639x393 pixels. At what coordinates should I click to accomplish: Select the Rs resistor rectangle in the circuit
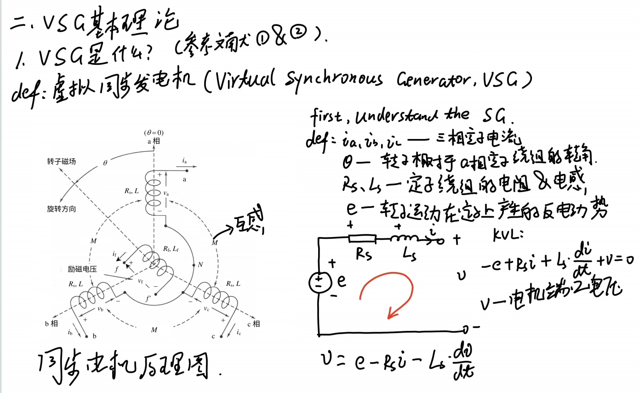pos(362,238)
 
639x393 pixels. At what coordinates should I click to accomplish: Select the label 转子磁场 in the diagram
pos(61,162)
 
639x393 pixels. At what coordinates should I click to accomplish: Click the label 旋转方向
pos(61,209)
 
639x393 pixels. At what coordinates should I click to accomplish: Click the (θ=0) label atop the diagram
pos(154,133)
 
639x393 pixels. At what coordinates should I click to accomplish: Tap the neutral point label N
pos(200,265)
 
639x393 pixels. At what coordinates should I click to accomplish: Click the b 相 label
pos(51,324)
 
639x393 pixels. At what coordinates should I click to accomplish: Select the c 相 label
pos(254,324)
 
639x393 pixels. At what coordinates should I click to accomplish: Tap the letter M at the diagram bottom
pos(154,330)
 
